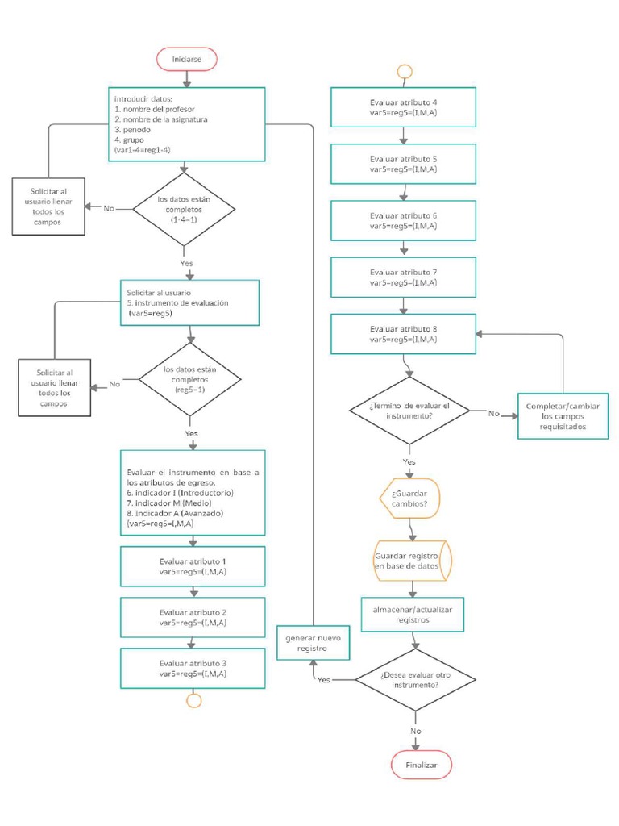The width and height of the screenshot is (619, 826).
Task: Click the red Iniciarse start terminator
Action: [x=187, y=60]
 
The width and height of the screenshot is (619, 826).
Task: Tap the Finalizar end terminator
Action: [x=422, y=765]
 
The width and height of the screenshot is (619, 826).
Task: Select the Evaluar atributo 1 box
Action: [x=193, y=566]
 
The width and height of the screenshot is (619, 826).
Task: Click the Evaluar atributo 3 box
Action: [x=193, y=668]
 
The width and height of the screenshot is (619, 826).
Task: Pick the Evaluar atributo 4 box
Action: [x=403, y=108]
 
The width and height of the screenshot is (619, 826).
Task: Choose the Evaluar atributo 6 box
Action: [x=403, y=221]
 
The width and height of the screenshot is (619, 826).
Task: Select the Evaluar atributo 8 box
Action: [x=403, y=334]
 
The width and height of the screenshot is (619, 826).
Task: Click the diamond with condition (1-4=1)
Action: [x=185, y=209]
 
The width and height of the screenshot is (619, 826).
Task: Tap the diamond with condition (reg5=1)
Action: [x=190, y=379]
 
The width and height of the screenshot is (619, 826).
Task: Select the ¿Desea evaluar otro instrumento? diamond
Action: [x=415, y=679]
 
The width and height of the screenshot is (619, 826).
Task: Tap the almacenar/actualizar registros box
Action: [x=413, y=615]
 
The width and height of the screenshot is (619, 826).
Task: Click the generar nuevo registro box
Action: [x=312, y=643]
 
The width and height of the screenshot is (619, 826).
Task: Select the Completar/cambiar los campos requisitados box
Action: [x=563, y=415]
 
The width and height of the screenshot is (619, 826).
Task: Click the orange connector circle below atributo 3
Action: [x=193, y=699]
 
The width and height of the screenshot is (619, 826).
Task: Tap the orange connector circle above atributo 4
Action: [x=404, y=71]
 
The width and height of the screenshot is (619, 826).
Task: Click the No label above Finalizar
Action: [x=416, y=731]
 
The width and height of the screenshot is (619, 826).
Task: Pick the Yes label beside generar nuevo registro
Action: [x=324, y=680]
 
